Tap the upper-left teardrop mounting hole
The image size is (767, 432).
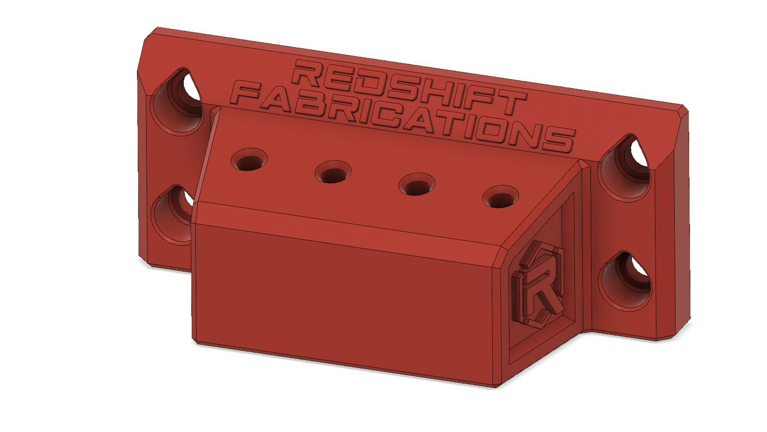(176, 101)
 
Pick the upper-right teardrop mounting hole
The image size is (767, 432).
(624, 168)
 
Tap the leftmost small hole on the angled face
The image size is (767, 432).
(249, 159)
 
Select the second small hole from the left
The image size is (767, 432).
(333, 172)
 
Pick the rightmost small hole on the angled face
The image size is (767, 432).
(501, 197)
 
